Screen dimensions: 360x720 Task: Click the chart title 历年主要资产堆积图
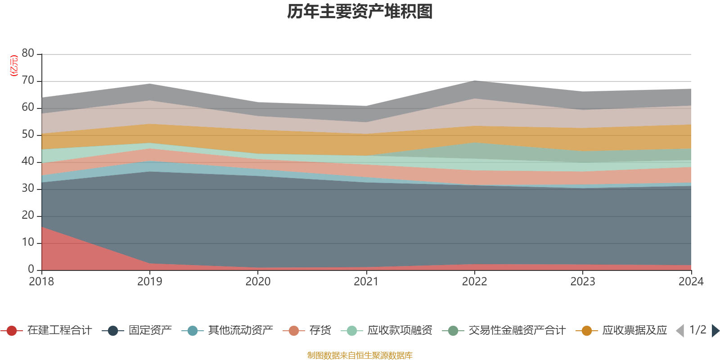pos(360,12)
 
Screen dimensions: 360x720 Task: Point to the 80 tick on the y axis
pos(28,53)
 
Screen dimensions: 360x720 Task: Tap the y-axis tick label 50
pos(28,134)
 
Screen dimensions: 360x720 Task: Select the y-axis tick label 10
pos(28,242)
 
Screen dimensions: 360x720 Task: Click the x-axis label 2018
pos(41,282)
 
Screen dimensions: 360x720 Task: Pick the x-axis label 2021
pos(366,282)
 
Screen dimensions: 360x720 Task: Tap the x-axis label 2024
pos(691,282)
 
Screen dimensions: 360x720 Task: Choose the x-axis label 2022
pos(474,282)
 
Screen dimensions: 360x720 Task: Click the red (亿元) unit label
pos(14,66)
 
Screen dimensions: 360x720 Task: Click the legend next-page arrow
pos(715,331)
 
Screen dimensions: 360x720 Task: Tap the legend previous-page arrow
pos(680,331)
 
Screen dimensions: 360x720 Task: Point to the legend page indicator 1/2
pos(697,330)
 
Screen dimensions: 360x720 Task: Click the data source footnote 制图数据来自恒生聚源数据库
pos(360,355)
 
